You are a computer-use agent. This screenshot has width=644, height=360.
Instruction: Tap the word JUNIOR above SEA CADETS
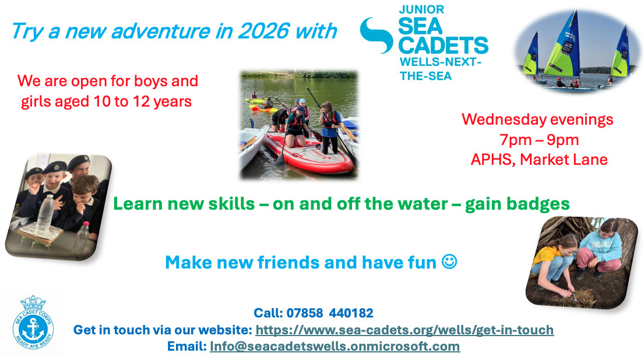pos(421,9)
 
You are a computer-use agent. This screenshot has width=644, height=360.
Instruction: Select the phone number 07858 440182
pos(329,313)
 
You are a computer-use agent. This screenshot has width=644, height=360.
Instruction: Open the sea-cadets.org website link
pos(404,330)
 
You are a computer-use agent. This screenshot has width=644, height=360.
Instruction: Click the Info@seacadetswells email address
pos(335,346)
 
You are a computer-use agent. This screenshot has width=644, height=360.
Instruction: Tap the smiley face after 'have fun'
pos(449,262)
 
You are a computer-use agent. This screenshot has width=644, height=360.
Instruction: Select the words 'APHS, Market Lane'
pos(539,159)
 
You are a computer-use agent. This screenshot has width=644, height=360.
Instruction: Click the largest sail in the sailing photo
pos(562,47)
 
